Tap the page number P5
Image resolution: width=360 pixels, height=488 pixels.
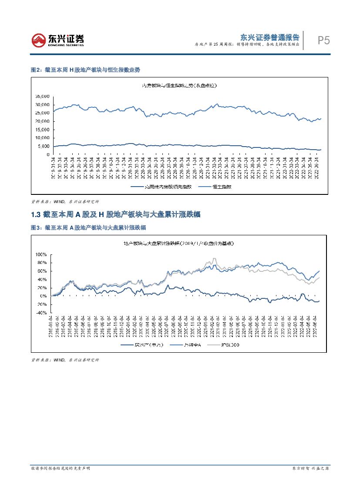tap(323, 41)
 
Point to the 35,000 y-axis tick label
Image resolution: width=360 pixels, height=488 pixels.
tap(43, 97)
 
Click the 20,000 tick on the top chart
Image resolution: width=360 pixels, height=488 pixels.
tap(43, 121)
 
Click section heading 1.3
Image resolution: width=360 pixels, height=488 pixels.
tap(115, 214)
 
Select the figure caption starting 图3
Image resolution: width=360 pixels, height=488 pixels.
tap(88, 227)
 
